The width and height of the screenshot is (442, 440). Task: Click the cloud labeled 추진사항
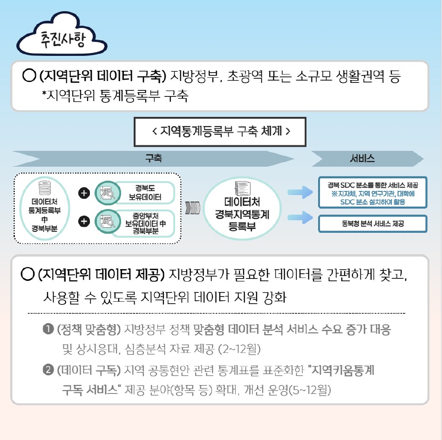(62, 35)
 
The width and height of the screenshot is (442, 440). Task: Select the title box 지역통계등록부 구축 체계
(220, 132)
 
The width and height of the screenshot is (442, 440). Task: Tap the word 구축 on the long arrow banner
(154, 158)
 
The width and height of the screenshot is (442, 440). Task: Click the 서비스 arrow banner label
(362, 158)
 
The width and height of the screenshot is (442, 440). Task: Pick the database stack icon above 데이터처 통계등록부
(45, 188)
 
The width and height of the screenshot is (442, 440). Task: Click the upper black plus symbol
(84, 193)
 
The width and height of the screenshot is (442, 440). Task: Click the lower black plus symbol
(84, 221)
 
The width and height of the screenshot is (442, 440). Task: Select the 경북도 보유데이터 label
(145, 192)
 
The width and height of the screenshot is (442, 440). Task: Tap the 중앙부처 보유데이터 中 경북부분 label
(145, 223)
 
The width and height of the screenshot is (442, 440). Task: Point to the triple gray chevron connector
(193, 208)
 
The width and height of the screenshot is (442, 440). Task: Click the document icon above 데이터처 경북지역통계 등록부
(242, 188)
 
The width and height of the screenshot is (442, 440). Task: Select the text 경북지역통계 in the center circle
(242, 214)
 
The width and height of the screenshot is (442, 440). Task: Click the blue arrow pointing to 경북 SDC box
(300, 192)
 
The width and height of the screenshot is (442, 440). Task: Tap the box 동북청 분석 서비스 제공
(373, 224)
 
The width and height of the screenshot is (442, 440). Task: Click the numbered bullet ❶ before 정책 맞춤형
(48, 329)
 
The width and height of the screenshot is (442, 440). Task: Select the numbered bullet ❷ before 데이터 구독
(48, 370)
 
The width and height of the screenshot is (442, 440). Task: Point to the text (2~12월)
(239, 349)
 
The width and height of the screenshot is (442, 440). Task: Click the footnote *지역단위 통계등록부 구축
(115, 96)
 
